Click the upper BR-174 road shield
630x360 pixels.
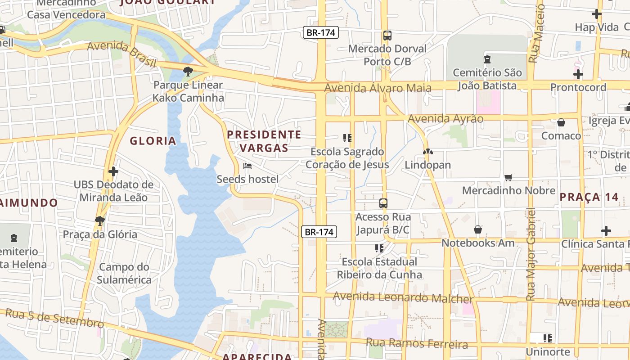(320, 32)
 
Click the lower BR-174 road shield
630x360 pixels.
(319, 232)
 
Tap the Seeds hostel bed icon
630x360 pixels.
(247, 166)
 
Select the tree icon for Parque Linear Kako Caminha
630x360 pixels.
(188, 71)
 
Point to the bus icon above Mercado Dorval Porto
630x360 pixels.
(387, 36)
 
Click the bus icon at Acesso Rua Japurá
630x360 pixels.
(383, 203)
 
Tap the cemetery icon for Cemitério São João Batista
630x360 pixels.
(487, 59)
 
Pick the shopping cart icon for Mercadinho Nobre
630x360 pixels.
(508, 177)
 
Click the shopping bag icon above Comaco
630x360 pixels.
(561, 122)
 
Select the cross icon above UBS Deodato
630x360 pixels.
(113, 171)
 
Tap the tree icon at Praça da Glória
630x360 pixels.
(100, 220)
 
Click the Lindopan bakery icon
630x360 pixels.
(427, 152)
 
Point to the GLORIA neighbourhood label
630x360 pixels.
(153, 141)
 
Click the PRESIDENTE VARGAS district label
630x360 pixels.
(264, 141)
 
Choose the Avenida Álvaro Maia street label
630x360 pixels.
(378, 87)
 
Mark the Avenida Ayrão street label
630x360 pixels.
(445, 119)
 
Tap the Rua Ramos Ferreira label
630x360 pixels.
(417, 344)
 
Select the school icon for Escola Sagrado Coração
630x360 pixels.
(347, 138)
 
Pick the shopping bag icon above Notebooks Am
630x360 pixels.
(478, 230)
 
